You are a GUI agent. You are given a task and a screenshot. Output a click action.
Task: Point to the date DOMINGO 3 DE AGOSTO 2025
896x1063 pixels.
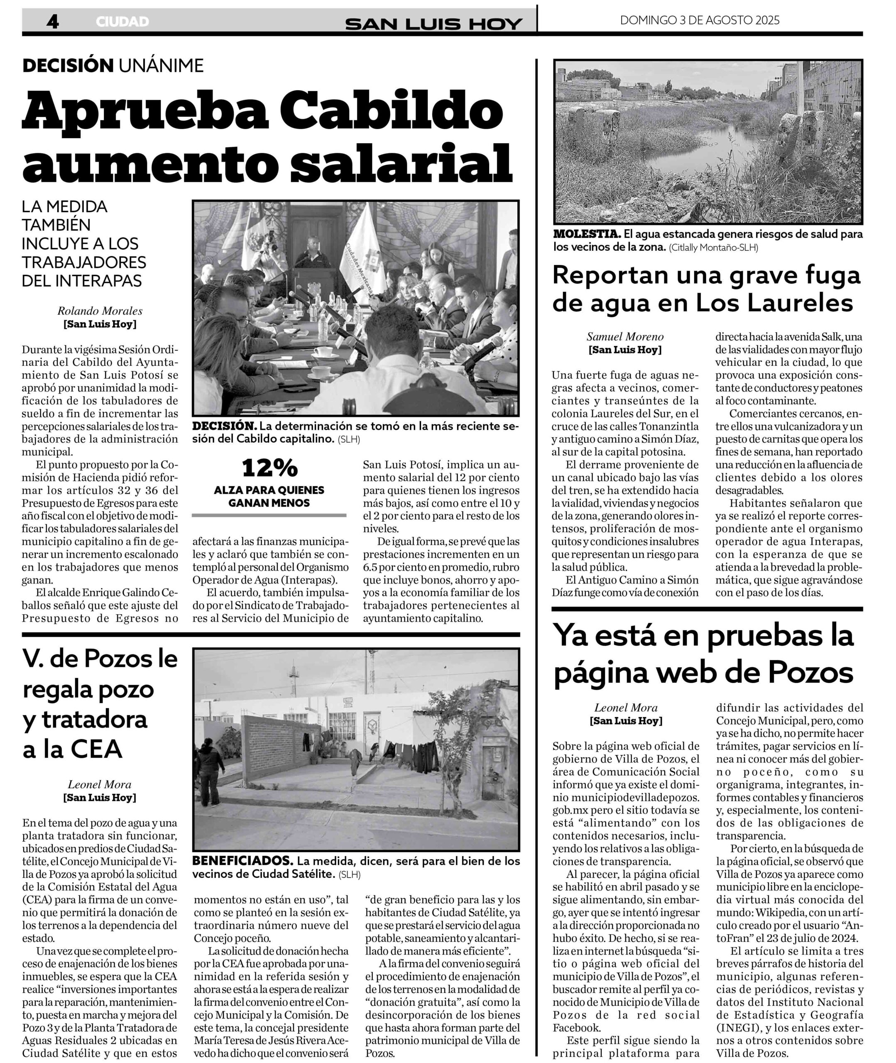[x=700, y=20]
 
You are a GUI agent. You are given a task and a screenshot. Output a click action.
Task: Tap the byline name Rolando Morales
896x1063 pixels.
[x=100, y=311]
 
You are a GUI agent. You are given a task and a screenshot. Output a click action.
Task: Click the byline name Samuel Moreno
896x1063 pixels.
[x=625, y=336]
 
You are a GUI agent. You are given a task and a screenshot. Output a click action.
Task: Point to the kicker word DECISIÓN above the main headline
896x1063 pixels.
[x=68, y=66]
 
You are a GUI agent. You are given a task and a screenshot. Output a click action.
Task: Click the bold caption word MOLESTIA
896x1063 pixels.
[x=587, y=234]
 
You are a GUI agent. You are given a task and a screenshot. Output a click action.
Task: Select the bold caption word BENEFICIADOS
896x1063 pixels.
[x=243, y=861]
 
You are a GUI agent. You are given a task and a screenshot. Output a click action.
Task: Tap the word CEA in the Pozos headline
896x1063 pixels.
[x=95, y=749]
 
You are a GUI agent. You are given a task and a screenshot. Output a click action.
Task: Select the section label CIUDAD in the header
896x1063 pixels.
[x=122, y=22]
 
